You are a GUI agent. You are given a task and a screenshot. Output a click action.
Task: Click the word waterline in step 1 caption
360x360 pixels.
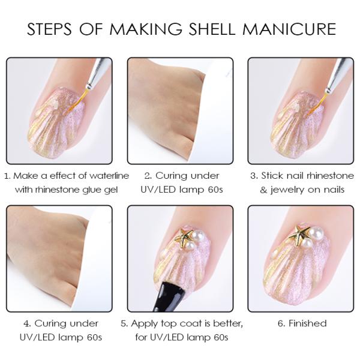[x=90, y=176]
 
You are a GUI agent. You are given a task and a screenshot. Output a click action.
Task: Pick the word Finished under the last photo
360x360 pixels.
[x=307, y=323]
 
